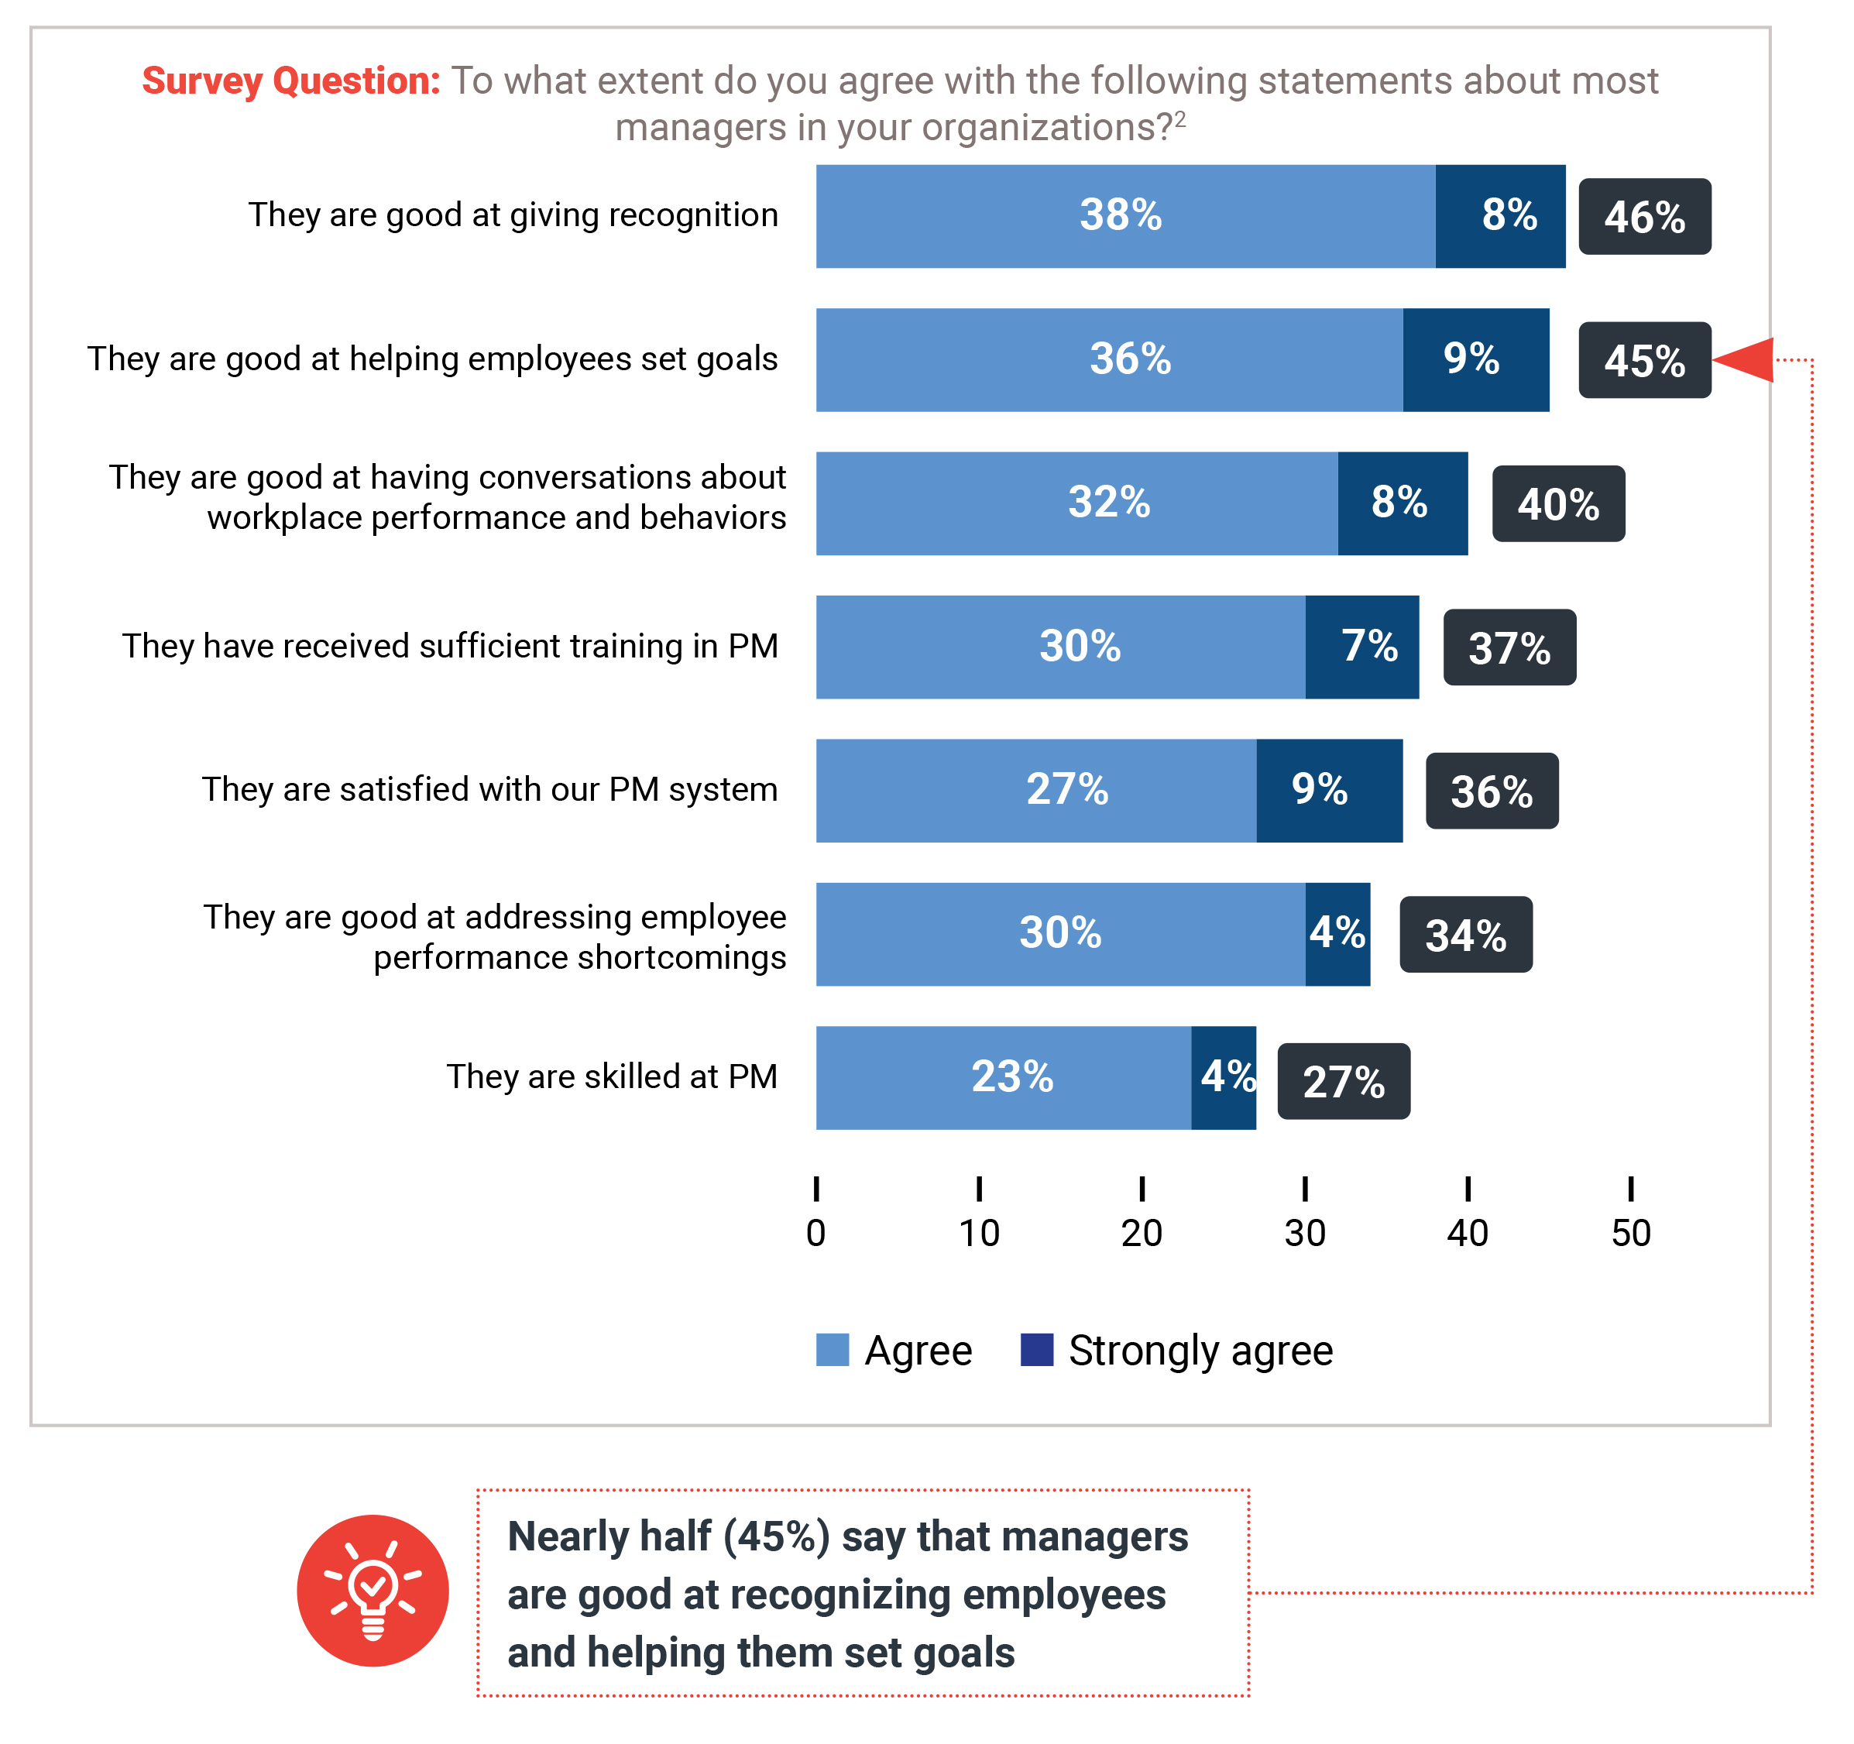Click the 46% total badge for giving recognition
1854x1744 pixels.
1644,216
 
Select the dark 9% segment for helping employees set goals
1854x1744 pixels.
1475,360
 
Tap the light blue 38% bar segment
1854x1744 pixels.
1124,216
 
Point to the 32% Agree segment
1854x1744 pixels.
1076,503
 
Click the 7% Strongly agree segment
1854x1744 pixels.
1361,647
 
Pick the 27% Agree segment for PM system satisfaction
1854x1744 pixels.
1036,791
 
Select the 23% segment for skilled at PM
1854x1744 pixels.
1004,1078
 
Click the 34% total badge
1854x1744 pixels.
1465,935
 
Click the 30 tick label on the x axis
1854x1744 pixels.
1305,1233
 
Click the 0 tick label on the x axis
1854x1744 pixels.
816,1233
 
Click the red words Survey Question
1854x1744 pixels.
291,81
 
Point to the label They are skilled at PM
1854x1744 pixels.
612,1076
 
